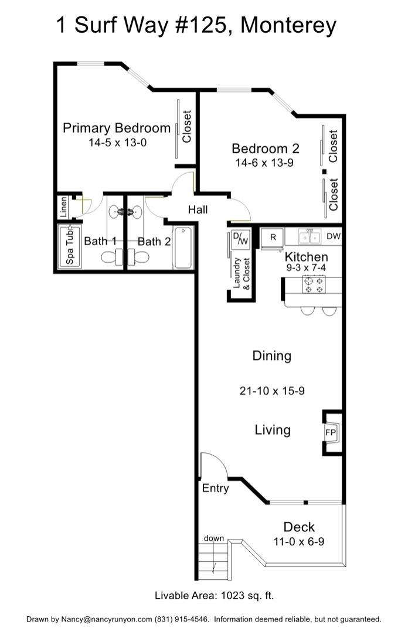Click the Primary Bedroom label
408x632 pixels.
point(117,128)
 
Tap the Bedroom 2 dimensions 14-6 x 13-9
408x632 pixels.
point(264,163)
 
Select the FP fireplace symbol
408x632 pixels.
point(331,432)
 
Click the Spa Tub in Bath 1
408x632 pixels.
point(69,246)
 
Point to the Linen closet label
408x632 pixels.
point(63,207)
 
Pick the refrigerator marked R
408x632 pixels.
point(273,237)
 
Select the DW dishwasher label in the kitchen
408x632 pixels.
point(334,236)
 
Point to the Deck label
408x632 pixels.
point(299,526)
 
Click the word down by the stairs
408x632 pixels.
point(213,538)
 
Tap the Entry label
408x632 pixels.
point(215,488)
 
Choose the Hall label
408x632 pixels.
point(198,209)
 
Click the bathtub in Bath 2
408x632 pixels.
point(183,248)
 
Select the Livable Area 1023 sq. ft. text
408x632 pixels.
point(215,596)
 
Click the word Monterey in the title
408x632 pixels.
point(289,25)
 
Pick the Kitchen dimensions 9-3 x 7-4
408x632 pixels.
point(306,267)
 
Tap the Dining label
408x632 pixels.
point(272,356)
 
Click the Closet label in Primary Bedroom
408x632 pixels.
point(187,127)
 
